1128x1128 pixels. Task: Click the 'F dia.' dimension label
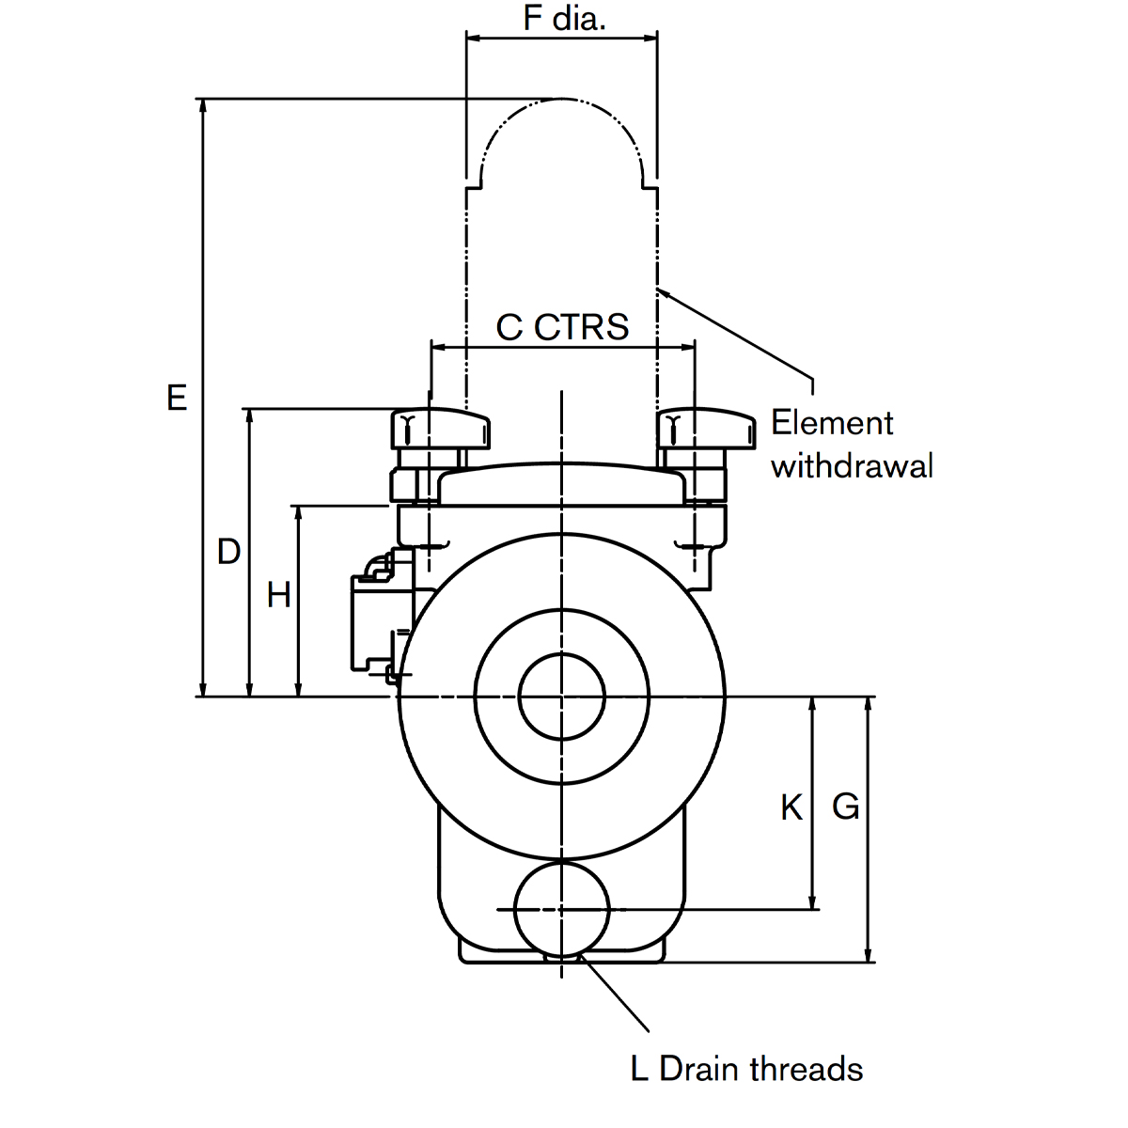[x=563, y=19]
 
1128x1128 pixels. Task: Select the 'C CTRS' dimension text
[x=562, y=327]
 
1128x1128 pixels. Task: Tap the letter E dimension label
[x=177, y=398]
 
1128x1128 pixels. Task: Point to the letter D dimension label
[x=228, y=552]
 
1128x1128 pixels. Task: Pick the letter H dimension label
[x=279, y=595]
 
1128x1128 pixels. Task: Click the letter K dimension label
[x=791, y=807]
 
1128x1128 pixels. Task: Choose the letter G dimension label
[x=846, y=807]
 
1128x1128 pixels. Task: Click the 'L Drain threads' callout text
[x=746, y=1069]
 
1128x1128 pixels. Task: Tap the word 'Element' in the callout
[x=832, y=423]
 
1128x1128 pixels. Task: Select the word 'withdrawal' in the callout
[x=852, y=465]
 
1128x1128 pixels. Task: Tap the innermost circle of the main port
[x=562, y=697]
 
